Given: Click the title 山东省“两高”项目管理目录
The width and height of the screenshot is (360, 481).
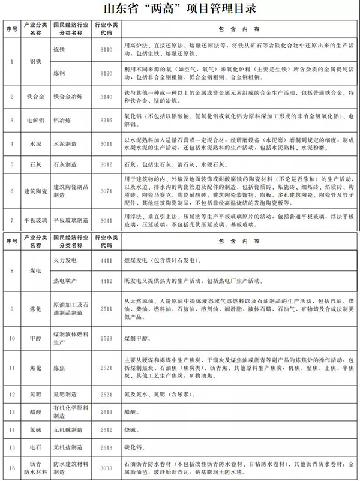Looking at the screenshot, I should coord(180,10).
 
